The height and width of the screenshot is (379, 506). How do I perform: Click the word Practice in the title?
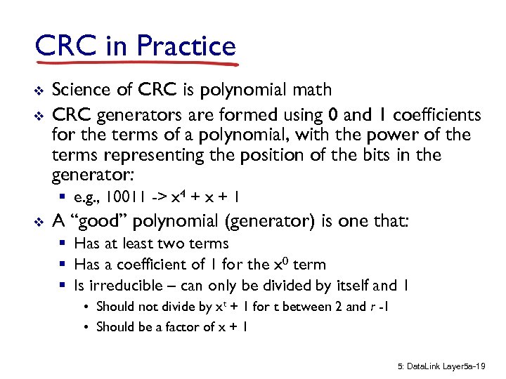tap(187, 46)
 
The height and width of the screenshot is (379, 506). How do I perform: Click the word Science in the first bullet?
tap(80, 89)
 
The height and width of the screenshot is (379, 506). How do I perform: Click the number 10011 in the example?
tap(129, 197)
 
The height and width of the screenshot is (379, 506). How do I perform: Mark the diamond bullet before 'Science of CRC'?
tap(39, 91)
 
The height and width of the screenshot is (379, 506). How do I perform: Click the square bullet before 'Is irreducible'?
tap(63, 286)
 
